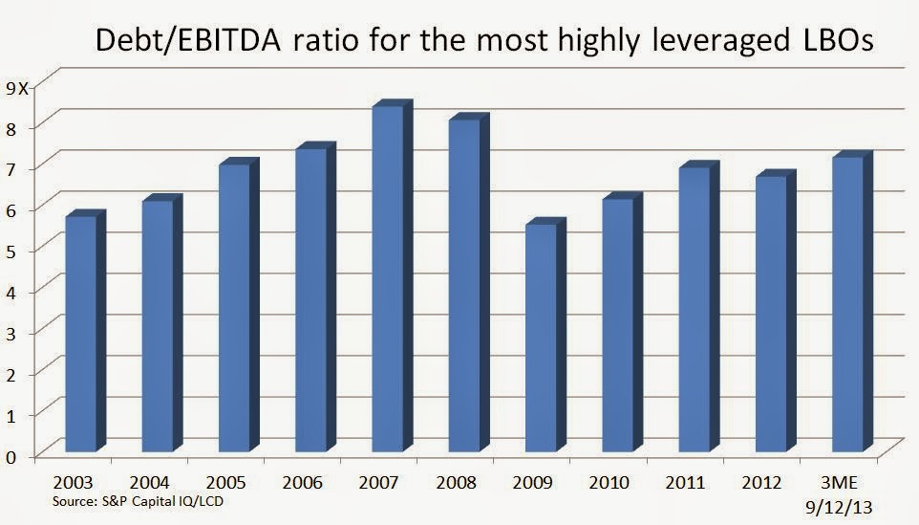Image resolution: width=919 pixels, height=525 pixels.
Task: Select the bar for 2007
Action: tap(387, 277)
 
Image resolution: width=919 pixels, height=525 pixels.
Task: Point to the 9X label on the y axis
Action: tap(18, 88)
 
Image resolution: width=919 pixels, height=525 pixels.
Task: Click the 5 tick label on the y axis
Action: tap(11, 251)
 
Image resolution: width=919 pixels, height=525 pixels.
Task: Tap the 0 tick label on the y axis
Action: tap(11, 455)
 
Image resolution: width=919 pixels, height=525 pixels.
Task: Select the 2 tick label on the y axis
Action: tap(11, 373)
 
